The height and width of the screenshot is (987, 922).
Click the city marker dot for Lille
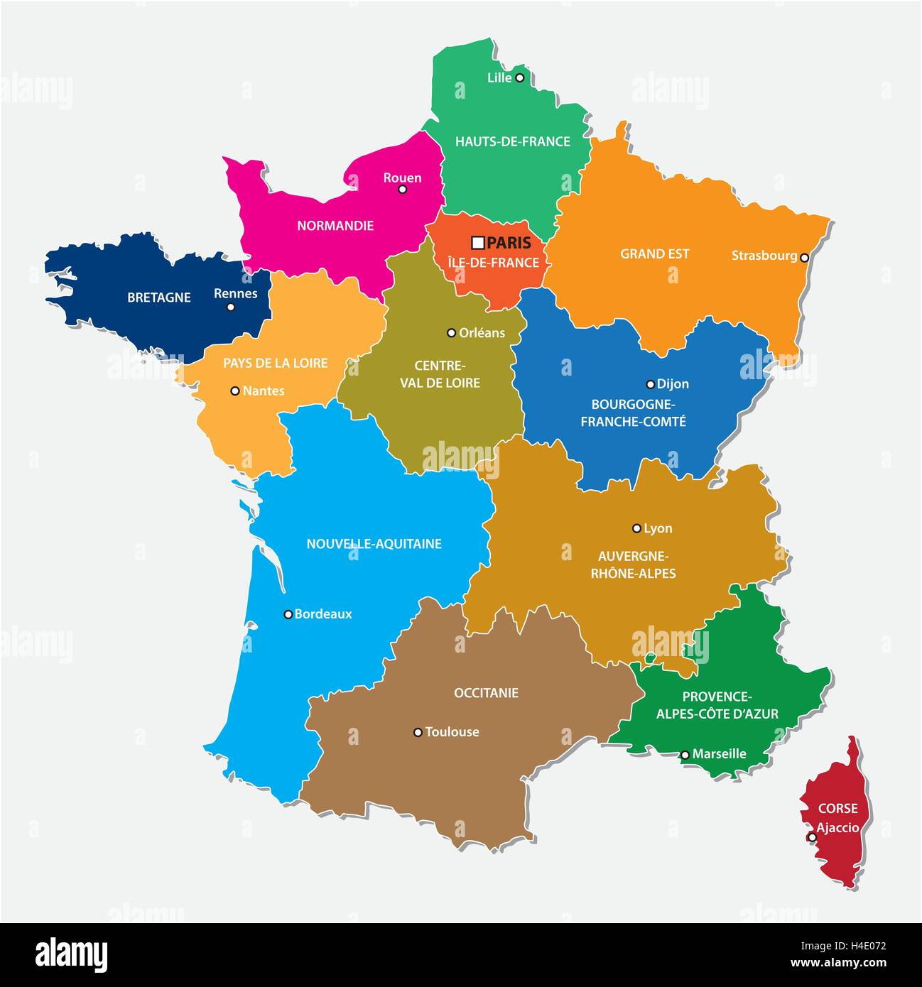pyautogui.click(x=519, y=77)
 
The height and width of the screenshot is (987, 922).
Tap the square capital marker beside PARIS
pyautogui.click(x=478, y=243)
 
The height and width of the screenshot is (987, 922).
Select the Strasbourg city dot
pyautogui.click(x=804, y=258)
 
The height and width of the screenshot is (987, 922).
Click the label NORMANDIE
pyautogui.click(x=335, y=226)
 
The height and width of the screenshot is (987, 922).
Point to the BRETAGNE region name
pyautogui.click(x=159, y=298)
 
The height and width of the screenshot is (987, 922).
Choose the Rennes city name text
pyautogui.click(x=236, y=293)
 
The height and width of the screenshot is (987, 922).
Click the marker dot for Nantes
pyautogui.click(x=235, y=391)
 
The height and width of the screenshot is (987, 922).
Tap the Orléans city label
pyautogui.click(x=482, y=332)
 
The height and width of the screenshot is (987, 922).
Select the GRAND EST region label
pyautogui.click(x=655, y=253)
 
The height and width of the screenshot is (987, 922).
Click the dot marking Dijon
pyautogui.click(x=650, y=384)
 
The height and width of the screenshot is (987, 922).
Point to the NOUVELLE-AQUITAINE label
pyautogui.click(x=374, y=544)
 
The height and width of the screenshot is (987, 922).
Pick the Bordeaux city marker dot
pyautogui.click(x=288, y=614)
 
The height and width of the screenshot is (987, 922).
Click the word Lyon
pyautogui.click(x=658, y=528)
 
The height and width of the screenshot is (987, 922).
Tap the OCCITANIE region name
pyautogui.click(x=486, y=692)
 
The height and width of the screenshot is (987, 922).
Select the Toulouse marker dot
pyautogui.click(x=418, y=732)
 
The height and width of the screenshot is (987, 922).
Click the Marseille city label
pyautogui.click(x=720, y=754)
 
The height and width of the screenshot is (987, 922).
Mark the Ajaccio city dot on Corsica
pyautogui.click(x=812, y=837)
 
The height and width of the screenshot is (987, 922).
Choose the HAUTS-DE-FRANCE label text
pyautogui.click(x=513, y=141)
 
